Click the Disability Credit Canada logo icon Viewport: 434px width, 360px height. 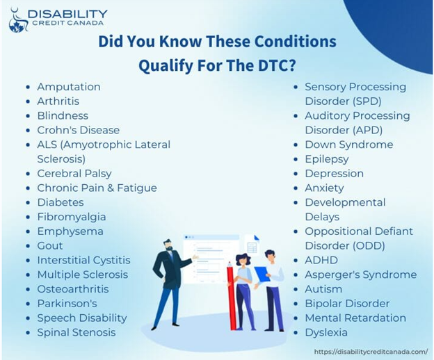click(18, 20)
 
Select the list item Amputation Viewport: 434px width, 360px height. click(69, 87)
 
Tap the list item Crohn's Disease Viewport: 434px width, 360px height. click(79, 130)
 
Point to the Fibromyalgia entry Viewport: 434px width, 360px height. click(72, 217)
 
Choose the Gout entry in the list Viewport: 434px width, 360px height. click(50, 246)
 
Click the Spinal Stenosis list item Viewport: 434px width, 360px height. click(77, 332)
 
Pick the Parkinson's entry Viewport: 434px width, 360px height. click(67, 304)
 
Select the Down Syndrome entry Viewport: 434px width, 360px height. click(348, 145)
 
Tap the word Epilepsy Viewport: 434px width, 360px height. click(327, 159)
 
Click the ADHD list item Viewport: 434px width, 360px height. click(321, 260)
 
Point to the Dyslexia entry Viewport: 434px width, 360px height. click(326, 332)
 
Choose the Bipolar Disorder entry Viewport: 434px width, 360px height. click(347, 304)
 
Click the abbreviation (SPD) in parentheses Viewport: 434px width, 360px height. click(367, 101)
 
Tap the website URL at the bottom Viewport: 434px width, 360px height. click(371, 352)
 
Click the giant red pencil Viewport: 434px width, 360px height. click(232, 296)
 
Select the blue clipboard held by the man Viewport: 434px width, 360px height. click(262, 274)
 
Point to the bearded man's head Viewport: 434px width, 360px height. click(168, 245)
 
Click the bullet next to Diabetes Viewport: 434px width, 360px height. click(28, 203)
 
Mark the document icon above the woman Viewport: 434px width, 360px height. click(252, 244)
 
